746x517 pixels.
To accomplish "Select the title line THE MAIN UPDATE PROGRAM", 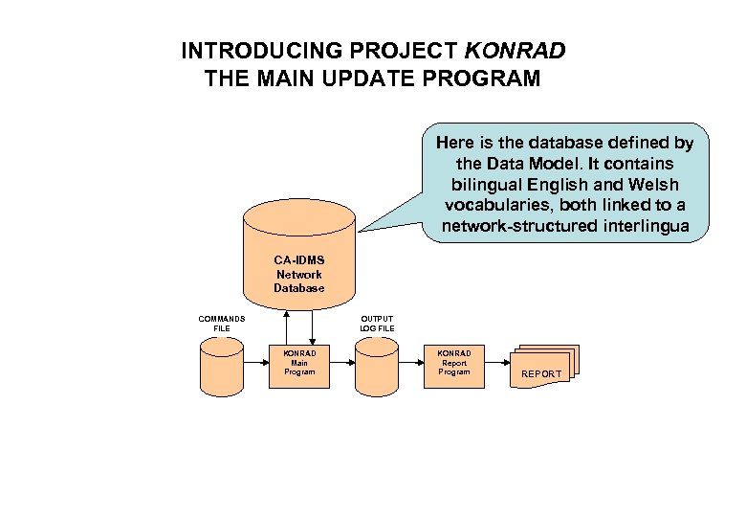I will (372, 79).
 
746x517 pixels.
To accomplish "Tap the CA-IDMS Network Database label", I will (298, 274).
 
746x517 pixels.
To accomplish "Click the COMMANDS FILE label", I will (222, 324).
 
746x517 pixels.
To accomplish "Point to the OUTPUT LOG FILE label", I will (377, 324).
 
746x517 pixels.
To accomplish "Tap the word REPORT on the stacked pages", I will (541, 373).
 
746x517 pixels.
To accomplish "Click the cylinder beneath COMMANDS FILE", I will (222, 368).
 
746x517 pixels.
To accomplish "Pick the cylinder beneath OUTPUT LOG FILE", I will (377, 368).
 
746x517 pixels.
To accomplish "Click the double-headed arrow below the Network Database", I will (288, 325).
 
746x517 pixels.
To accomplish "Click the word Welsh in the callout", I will (650, 185).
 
